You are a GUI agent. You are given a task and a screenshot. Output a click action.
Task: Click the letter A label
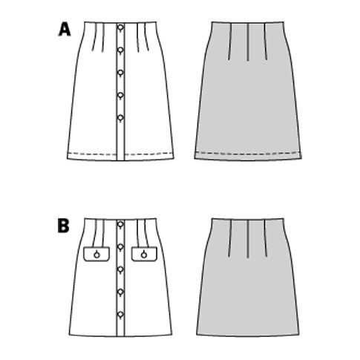[x=65, y=29]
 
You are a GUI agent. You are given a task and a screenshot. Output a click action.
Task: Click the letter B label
[x=63, y=226]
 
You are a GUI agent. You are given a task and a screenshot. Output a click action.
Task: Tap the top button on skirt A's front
[x=120, y=27]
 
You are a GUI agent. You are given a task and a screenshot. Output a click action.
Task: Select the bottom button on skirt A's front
[x=120, y=118]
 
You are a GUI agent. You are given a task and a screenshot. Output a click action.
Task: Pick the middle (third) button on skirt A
[x=120, y=73]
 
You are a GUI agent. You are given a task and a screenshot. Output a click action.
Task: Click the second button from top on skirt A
[x=120, y=50]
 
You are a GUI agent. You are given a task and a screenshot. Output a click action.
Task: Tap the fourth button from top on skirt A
[x=120, y=95]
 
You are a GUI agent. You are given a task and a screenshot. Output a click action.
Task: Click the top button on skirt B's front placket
[x=120, y=224]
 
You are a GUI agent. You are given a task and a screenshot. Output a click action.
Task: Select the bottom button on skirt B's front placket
[x=120, y=314]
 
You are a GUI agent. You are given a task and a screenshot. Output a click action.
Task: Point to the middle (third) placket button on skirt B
[x=120, y=269]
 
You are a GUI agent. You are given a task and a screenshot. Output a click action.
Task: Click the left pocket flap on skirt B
[x=96, y=254]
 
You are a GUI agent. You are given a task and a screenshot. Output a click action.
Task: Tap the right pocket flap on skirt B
[x=144, y=254]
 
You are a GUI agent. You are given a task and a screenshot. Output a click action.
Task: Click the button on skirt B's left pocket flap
[x=96, y=254]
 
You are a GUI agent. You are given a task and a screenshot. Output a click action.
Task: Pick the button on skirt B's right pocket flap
[x=144, y=254]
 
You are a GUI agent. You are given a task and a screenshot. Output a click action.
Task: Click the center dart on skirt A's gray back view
[x=248, y=42]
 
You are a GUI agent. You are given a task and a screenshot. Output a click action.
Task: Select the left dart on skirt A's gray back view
[x=230, y=42]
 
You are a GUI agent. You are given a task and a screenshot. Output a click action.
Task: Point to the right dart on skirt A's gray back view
[x=266, y=42]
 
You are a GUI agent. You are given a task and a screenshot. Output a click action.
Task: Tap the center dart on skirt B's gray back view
[x=248, y=238]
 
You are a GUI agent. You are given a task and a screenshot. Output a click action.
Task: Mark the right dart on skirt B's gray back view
[x=266, y=238]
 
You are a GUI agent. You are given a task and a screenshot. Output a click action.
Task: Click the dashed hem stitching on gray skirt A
[x=248, y=154]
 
